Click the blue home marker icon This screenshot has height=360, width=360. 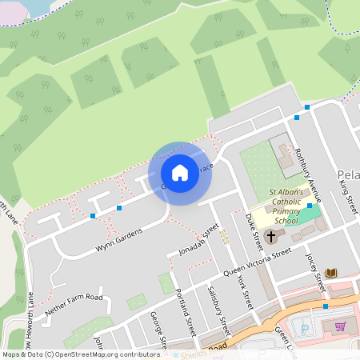click(180, 173)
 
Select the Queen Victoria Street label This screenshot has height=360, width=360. click(258, 263)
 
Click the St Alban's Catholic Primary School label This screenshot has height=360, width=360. click(286, 206)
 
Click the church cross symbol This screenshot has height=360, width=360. click(271, 237)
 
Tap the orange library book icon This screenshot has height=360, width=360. click(331, 274)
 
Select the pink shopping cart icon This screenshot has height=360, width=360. click(341, 326)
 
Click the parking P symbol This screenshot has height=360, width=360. click(302, 328)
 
